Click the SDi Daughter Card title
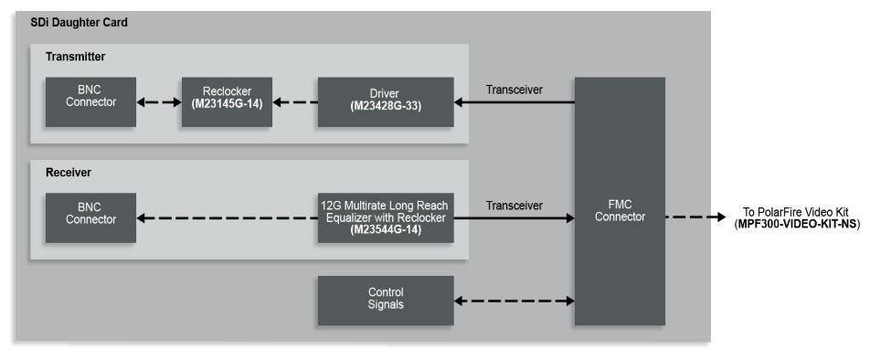[79, 23]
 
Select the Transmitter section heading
[76, 57]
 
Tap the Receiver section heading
[69, 172]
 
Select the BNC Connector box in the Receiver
[90, 217]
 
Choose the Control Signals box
[385, 300]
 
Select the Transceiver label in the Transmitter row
[515, 90]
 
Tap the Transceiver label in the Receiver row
[515, 206]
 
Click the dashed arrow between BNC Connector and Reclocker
[158, 101]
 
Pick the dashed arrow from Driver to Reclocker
[294, 101]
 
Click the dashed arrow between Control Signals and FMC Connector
[515, 300]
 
